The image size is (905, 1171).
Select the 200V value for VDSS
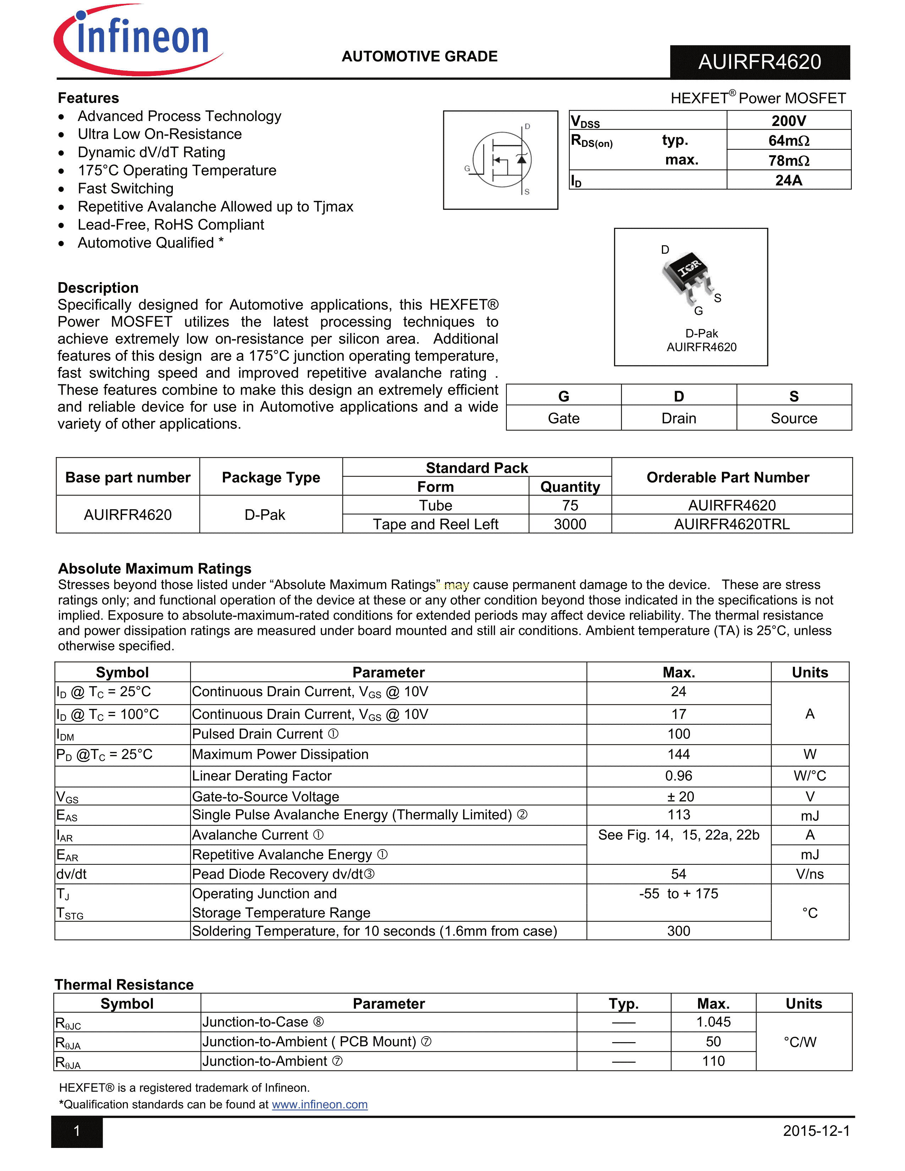[788, 121]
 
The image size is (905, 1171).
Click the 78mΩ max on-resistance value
[788, 160]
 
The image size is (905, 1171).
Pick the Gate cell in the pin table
[564, 418]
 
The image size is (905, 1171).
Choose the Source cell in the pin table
[794, 418]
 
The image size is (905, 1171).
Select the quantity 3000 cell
[570, 524]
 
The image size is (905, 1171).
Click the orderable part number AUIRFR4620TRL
[731, 524]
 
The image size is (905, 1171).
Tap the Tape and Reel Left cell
[435, 524]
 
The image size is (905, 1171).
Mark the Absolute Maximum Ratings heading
[154, 568]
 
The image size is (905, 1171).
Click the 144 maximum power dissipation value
[678, 754]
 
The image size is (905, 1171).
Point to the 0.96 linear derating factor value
[678, 776]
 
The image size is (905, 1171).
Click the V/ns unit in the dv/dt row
[810, 874]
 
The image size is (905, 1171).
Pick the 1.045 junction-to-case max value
[713, 1022]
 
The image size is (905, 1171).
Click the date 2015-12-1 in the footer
[816, 1131]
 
